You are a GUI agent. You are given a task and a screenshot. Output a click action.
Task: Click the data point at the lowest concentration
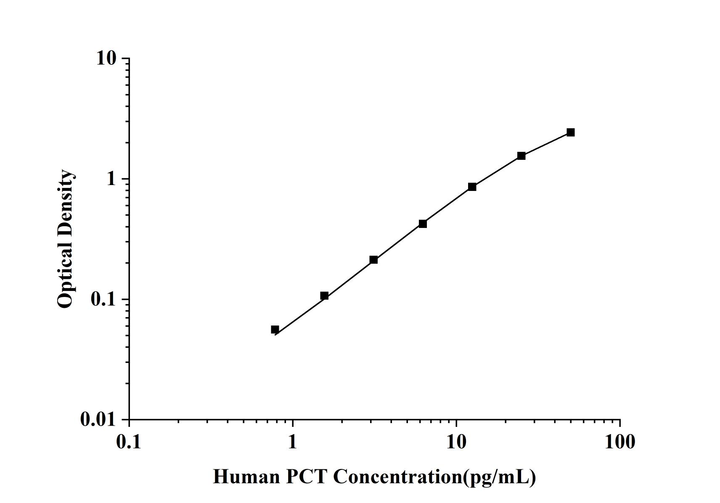[275, 329]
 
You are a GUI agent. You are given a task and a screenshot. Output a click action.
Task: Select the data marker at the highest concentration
[570, 132]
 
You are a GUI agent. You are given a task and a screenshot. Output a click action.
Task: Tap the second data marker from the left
[324, 296]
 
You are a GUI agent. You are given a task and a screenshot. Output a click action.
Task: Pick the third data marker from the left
[373, 260]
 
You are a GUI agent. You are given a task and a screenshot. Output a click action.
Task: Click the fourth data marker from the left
[423, 224]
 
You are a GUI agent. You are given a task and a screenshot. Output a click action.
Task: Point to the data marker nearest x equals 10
[472, 187]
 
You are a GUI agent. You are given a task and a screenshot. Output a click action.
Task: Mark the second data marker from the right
[521, 156]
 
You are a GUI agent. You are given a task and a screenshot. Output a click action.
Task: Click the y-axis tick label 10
[106, 58]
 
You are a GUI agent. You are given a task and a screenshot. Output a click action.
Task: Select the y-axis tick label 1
[111, 179]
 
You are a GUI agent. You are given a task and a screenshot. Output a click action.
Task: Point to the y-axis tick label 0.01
[98, 420]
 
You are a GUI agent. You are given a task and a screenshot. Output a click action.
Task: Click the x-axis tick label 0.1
[129, 442]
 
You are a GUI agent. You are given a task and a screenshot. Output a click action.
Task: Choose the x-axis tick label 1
[293, 442]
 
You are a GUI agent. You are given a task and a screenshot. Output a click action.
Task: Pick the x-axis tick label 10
[456, 442]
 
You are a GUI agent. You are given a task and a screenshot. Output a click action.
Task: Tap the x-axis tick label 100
[620, 442]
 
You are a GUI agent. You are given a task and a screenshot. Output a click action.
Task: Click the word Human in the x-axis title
[246, 477]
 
